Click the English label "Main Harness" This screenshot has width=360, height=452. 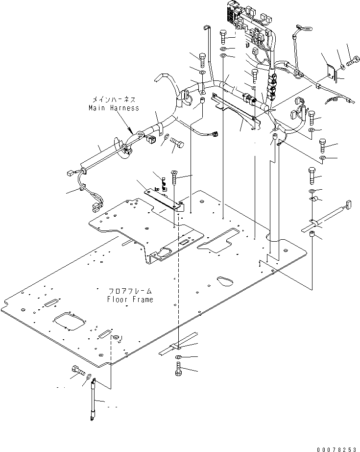coord(114,108)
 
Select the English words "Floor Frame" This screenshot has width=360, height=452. coord(130,299)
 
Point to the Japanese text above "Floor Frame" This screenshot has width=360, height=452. coord(130,291)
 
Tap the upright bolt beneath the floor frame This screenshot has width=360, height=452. coord(178,368)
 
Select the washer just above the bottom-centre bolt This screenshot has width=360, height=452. coord(179,356)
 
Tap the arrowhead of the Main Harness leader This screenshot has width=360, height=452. coord(131,132)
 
